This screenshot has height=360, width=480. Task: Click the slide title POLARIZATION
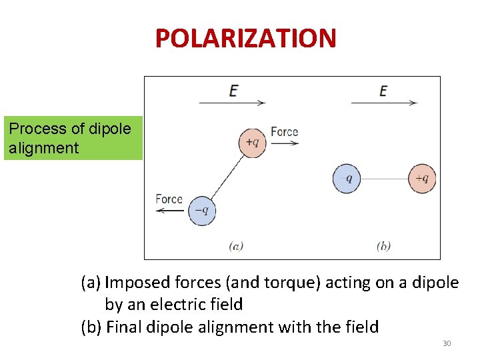(x=245, y=39)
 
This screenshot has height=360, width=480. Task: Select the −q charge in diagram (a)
(x=201, y=211)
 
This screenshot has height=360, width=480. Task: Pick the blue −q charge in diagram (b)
(x=347, y=179)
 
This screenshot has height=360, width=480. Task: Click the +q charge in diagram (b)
(x=422, y=179)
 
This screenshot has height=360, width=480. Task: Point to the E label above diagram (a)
(x=233, y=90)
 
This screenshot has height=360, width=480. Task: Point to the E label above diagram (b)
(x=383, y=90)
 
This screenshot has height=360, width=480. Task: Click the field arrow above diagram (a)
(x=232, y=103)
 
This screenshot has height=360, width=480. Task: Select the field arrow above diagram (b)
(x=384, y=103)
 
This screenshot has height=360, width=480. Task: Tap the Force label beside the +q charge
(x=285, y=131)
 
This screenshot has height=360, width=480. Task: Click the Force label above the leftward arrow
(x=169, y=199)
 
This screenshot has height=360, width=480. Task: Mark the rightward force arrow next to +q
(x=285, y=143)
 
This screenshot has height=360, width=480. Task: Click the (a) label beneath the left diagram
(x=236, y=246)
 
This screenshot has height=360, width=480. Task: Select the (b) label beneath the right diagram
(x=383, y=246)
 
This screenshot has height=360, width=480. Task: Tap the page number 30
(x=447, y=343)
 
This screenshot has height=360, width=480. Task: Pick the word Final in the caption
(x=123, y=327)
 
